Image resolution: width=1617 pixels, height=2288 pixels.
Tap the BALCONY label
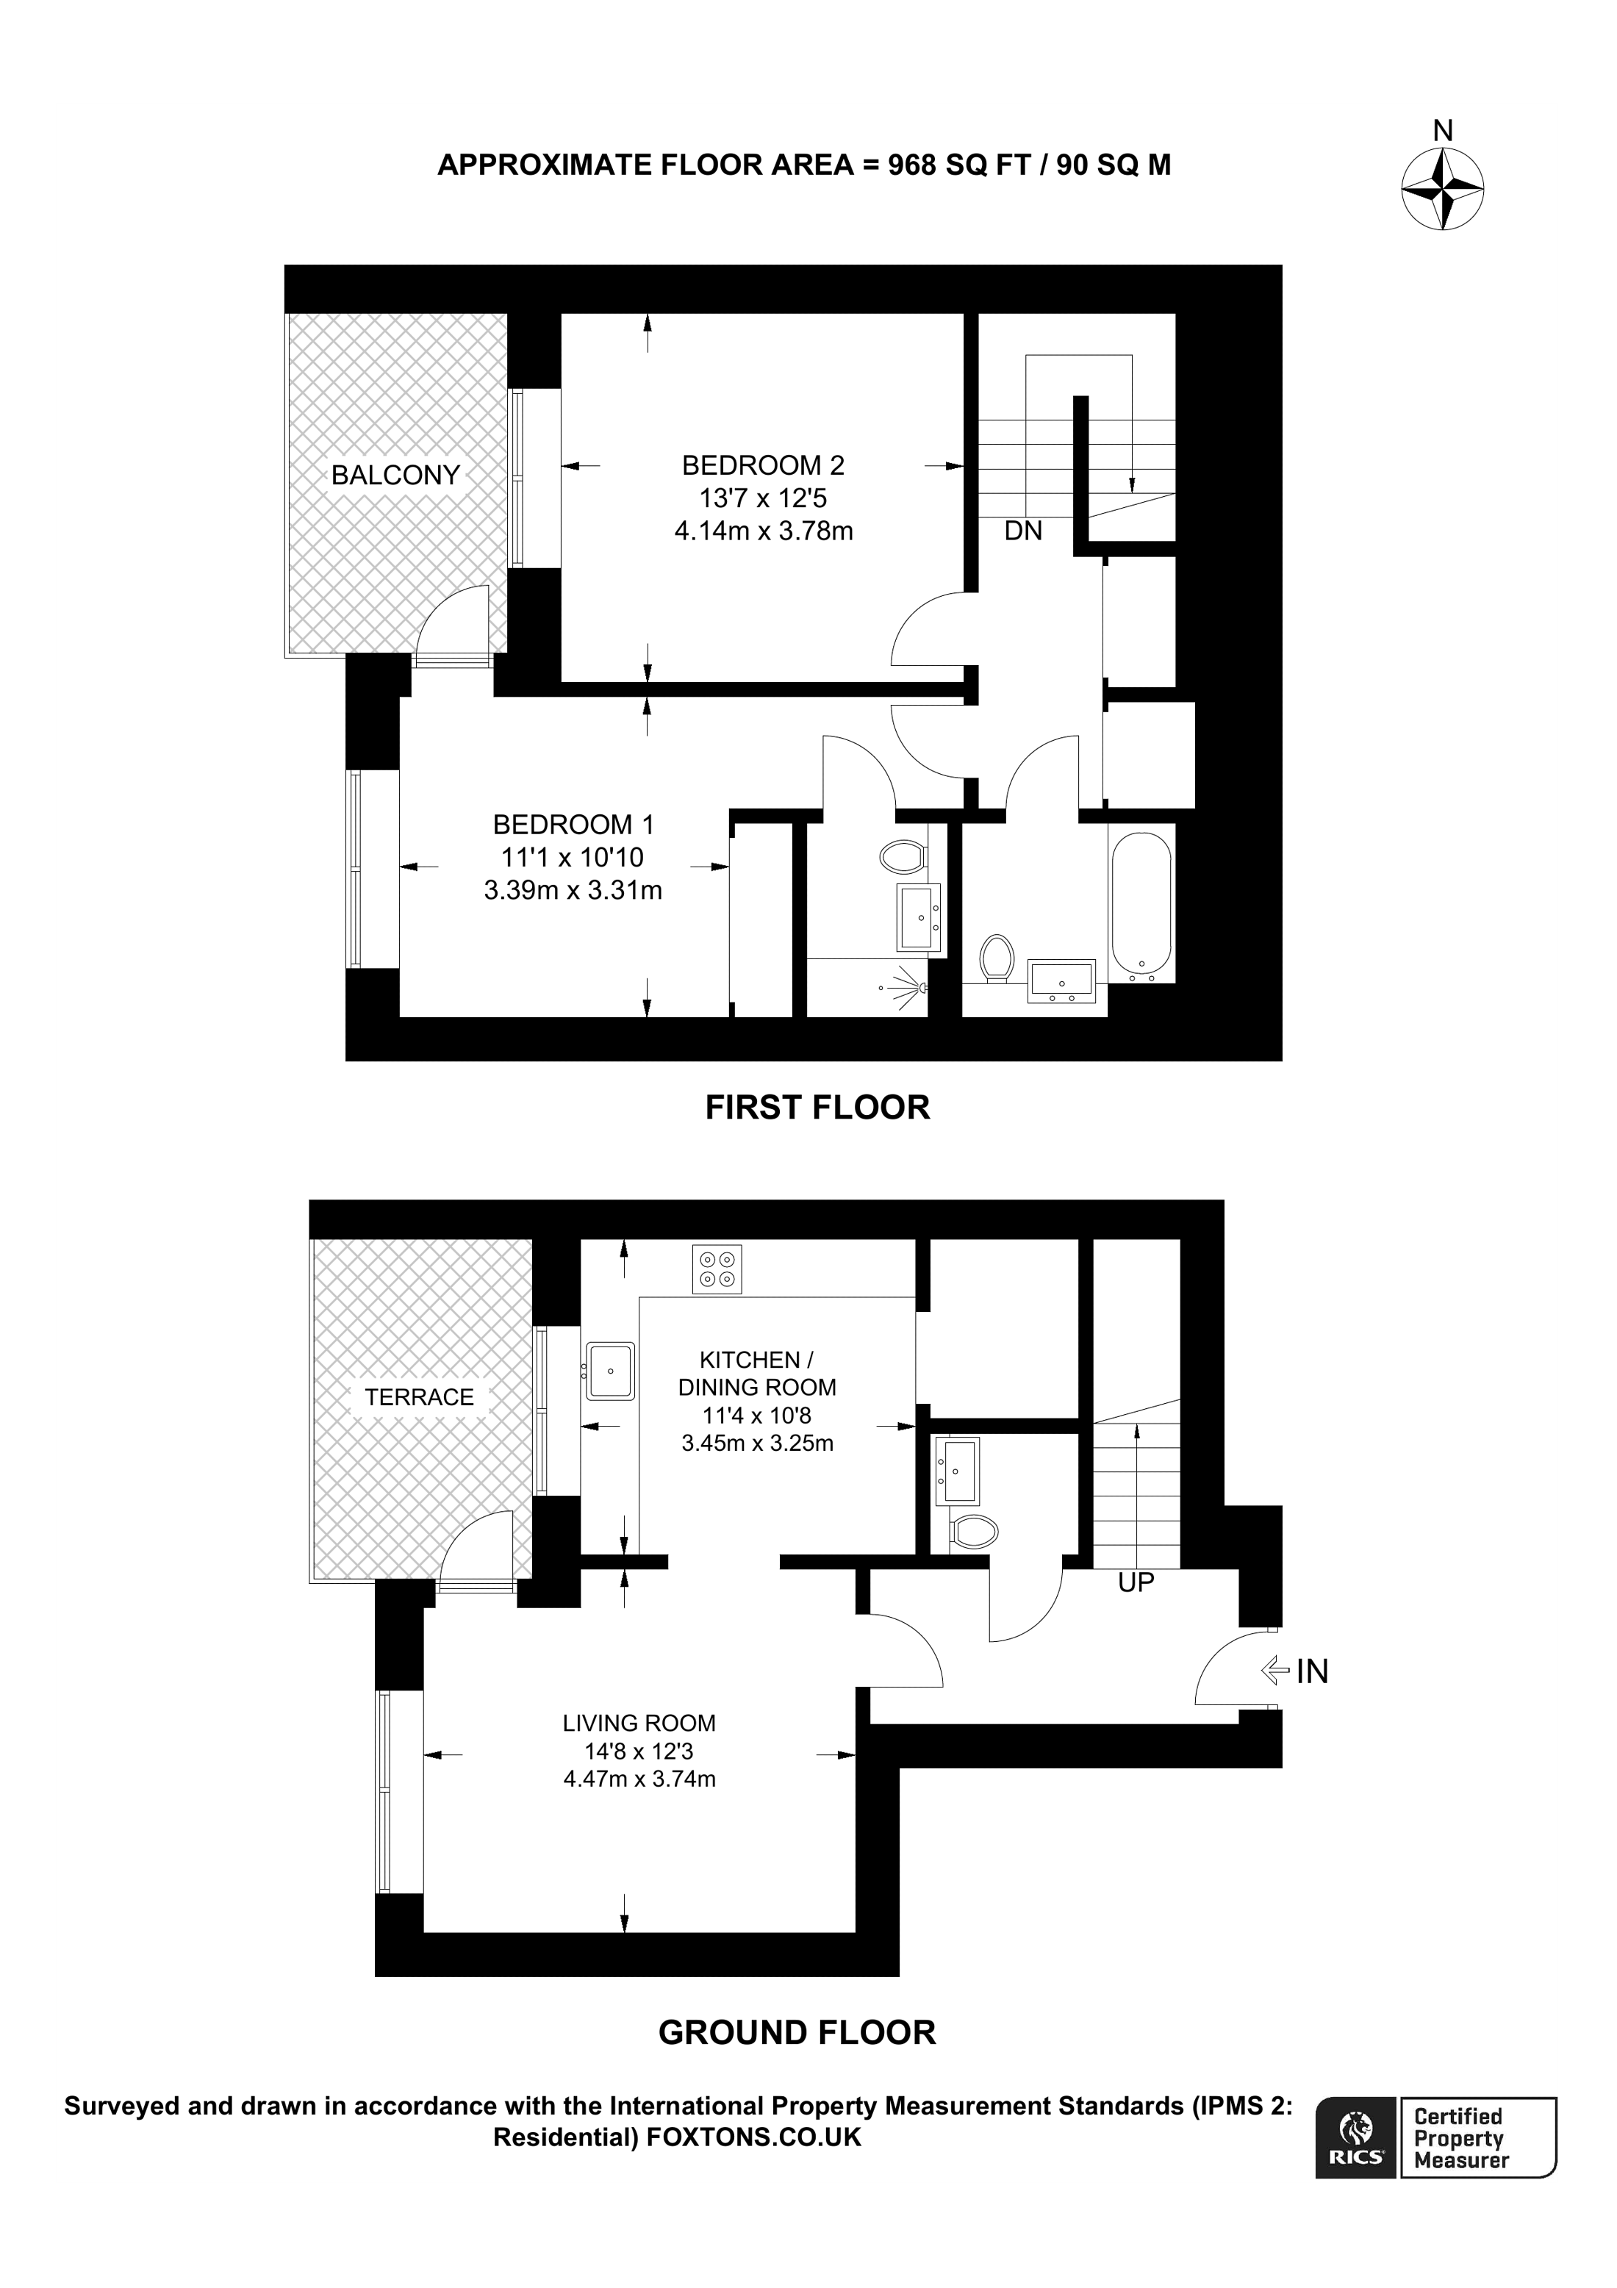point(395,476)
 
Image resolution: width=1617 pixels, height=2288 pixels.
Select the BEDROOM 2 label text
point(762,465)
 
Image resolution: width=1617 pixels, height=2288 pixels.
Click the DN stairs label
point(1023,531)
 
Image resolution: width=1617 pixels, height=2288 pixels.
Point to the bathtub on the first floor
point(1141,902)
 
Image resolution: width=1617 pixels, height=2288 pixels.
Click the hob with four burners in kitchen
point(717,1269)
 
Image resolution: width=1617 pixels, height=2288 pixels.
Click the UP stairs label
point(1136,1582)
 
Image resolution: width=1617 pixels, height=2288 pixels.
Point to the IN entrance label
point(1312,1671)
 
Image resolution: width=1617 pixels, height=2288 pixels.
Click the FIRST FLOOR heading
point(817,1107)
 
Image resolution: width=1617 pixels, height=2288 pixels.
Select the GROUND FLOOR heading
point(797,2033)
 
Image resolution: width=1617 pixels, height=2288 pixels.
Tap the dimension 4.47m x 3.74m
point(639,1779)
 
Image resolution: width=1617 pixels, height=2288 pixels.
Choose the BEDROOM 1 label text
point(573,825)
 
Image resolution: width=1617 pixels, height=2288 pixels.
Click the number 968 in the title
point(911,165)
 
